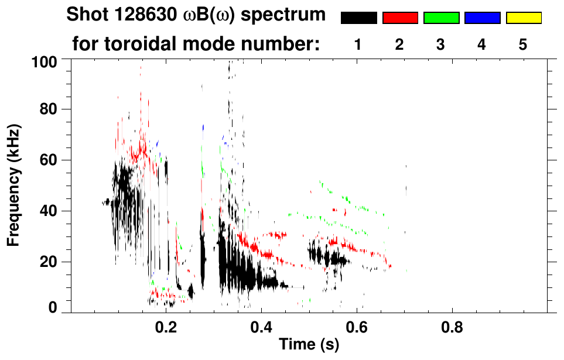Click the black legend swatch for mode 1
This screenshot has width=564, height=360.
click(x=358, y=18)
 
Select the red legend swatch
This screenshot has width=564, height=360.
click(x=400, y=18)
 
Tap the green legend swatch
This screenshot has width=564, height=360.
click(x=441, y=18)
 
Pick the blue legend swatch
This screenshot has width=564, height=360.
click(x=482, y=18)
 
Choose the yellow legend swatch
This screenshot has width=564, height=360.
click(x=524, y=18)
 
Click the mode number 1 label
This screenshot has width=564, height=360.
click(x=358, y=44)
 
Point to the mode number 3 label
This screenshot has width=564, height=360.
click(x=441, y=44)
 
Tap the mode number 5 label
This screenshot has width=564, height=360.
click(x=524, y=44)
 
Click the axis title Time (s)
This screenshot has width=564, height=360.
click(x=309, y=344)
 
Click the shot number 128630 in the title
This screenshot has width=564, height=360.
click(x=139, y=15)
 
